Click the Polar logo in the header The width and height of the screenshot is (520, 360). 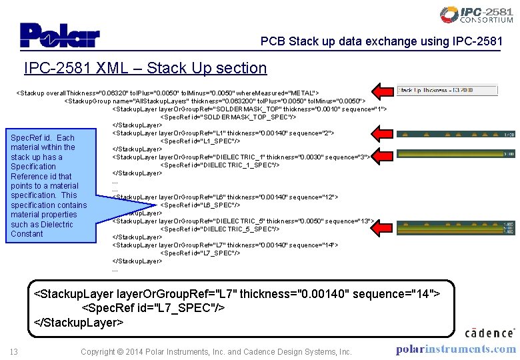coord(59,35)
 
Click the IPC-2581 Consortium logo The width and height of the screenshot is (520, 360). coord(477,15)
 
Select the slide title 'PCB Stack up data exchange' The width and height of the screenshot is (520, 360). coord(381,41)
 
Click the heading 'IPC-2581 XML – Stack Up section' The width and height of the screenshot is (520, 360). coord(145,68)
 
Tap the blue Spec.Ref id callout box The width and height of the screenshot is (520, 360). coord(49,185)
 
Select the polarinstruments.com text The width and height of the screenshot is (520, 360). coord(455,349)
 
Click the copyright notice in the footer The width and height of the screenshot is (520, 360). coord(216,351)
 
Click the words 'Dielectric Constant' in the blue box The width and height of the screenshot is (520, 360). coord(44,229)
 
